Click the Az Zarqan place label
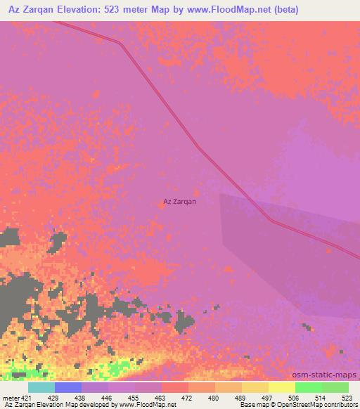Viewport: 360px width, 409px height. tap(179, 202)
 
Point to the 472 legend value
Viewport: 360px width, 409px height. tap(188, 398)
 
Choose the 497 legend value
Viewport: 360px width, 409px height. tap(268, 398)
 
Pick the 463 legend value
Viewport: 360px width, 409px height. tap(161, 398)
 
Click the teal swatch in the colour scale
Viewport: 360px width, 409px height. tap(41, 387)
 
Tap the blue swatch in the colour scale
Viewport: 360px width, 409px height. tap(68, 387)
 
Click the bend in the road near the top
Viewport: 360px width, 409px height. tap(120, 43)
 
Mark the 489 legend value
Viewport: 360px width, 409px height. tap(241, 398)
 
